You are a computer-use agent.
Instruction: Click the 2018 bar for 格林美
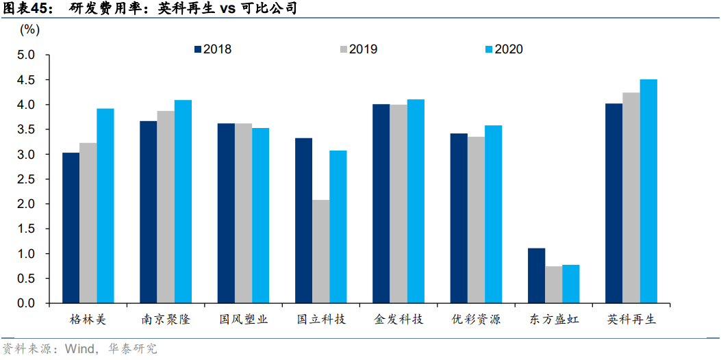point(71,228)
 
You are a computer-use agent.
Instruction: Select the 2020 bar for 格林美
point(105,206)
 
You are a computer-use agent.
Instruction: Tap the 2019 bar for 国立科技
point(320,251)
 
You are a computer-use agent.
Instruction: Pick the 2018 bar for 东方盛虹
point(536,276)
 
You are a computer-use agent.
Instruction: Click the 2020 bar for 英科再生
point(648,191)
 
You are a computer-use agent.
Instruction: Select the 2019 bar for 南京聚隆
point(166,207)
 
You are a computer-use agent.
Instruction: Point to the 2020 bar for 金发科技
point(416,201)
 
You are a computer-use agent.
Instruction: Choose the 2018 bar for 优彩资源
point(459,218)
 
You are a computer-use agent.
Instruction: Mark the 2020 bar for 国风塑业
point(261,216)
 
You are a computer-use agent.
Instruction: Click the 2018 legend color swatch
point(198,49)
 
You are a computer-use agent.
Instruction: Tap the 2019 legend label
point(363,49)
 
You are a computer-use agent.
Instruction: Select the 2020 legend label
point(509,49)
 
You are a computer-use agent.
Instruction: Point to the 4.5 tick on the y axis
point(33,80)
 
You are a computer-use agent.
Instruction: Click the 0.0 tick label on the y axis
point(33,303)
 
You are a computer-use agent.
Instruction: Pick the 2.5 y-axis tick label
point(33,179)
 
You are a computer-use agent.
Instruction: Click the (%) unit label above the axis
point(30,29)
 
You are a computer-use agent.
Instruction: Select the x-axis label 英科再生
point(631,320)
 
